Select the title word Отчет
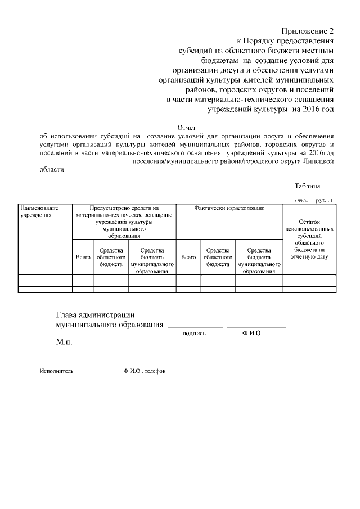(187, 128)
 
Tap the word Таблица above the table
(307, 186)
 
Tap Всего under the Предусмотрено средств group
(83, 257)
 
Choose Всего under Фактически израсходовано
(188, 257)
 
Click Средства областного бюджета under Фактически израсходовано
(218, 257)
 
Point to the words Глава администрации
(95, 315)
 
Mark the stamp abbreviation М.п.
(64, 341)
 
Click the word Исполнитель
(56, 372)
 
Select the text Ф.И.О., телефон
(145, 372)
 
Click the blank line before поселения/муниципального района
(84, 161)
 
